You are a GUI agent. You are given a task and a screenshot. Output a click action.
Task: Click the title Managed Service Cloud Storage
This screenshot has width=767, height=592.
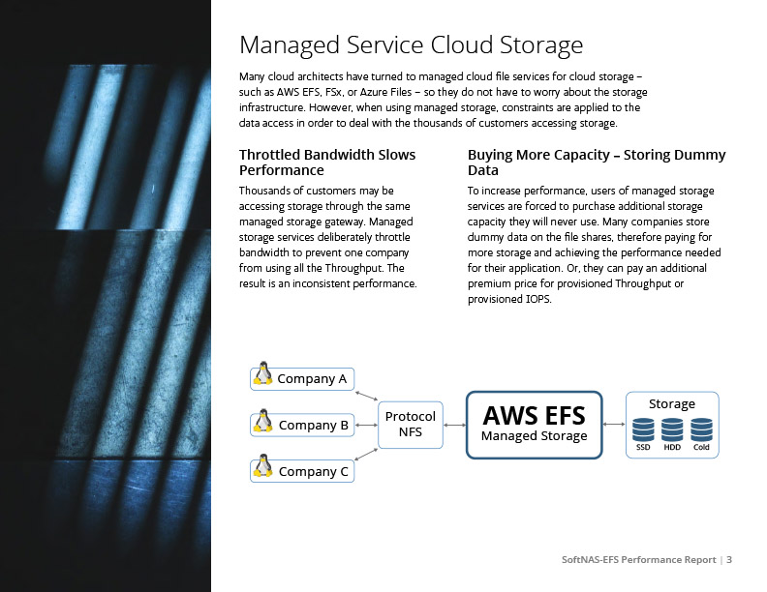[x=411, y=45]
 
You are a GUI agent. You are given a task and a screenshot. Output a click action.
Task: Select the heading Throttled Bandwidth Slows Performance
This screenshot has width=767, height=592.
[x=327, y=163]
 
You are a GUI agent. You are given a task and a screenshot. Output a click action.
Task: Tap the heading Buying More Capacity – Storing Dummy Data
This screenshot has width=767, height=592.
[x=597, y=163]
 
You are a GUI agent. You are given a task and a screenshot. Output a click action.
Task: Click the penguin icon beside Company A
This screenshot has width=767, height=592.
[x=261, y=375]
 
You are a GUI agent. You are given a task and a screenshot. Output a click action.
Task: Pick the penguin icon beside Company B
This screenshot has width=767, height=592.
[x=261, y=422]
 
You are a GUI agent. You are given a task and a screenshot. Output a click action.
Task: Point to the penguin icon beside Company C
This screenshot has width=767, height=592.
[x=261, y=468]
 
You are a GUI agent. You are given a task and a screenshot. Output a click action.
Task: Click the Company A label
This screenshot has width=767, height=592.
[x=312, y=378]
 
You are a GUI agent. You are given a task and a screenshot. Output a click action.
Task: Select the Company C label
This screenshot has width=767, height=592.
[x=313, y=472]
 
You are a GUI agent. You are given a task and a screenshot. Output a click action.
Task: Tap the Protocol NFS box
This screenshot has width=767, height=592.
[x=410, y=424]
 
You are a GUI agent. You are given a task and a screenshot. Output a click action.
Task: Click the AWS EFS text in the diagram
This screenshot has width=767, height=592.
[x=534, y=415]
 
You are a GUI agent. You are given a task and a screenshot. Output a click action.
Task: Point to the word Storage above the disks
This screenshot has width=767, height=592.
[x=672, y=403]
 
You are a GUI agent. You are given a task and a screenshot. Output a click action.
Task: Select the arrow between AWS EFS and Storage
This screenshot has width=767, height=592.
[x=613, y=424]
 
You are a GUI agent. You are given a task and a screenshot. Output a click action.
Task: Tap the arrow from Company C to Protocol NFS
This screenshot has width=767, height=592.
[x=366, y=452]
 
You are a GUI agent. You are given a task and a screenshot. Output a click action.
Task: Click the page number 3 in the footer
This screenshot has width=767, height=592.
[x=729, y=560]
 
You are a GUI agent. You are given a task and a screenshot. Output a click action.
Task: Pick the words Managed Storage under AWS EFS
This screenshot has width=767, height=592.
[x=534, y=436]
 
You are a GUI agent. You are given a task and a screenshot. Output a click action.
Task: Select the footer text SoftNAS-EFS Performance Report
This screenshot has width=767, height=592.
[x=639, y=560]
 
